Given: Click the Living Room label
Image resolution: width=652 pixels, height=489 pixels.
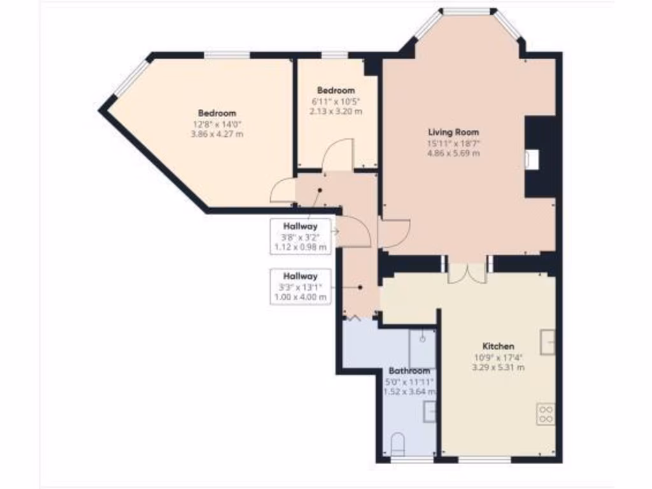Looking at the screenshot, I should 453,132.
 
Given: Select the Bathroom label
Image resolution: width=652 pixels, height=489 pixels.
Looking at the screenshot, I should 409,371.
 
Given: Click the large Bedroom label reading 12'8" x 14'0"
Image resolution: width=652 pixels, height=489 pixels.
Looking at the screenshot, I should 216,113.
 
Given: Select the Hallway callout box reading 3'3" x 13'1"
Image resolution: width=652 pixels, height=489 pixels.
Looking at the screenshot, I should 301,287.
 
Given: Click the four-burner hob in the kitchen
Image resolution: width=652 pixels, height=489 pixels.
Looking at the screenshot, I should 546,415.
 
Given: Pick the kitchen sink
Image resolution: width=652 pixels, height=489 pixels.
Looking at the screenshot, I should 548,342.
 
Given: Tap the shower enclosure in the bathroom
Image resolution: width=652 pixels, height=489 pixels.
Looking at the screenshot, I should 422,348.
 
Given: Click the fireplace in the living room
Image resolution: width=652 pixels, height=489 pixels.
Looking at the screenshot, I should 532,159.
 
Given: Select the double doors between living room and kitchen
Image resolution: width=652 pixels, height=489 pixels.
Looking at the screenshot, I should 467,272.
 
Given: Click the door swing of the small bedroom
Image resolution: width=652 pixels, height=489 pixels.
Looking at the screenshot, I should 337,155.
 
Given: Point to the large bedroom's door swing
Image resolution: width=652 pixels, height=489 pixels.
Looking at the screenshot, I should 283,191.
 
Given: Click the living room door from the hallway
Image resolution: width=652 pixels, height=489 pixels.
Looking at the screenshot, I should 393,234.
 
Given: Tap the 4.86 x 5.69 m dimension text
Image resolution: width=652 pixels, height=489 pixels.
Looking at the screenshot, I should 453,153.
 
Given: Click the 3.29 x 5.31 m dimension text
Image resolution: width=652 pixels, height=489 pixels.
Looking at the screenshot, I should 498,367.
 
